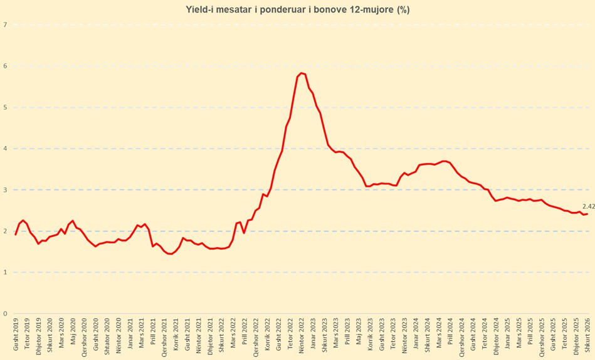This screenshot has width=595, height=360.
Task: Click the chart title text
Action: tap(297, 9)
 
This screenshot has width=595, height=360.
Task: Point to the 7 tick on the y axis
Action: tap(5, 25)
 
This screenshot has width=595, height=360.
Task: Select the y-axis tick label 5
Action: tap(5, 107)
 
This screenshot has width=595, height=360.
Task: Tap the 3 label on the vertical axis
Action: tap(5, 190)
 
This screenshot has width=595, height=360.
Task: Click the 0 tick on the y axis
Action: tap(5, 314)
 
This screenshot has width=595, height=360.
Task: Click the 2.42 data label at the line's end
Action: tap(588, 206)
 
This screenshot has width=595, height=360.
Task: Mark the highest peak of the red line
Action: tap(302, 73)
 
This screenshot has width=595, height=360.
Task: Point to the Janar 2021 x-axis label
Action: tap(130, 336)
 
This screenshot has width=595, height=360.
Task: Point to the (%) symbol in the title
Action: tap(404, 9)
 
